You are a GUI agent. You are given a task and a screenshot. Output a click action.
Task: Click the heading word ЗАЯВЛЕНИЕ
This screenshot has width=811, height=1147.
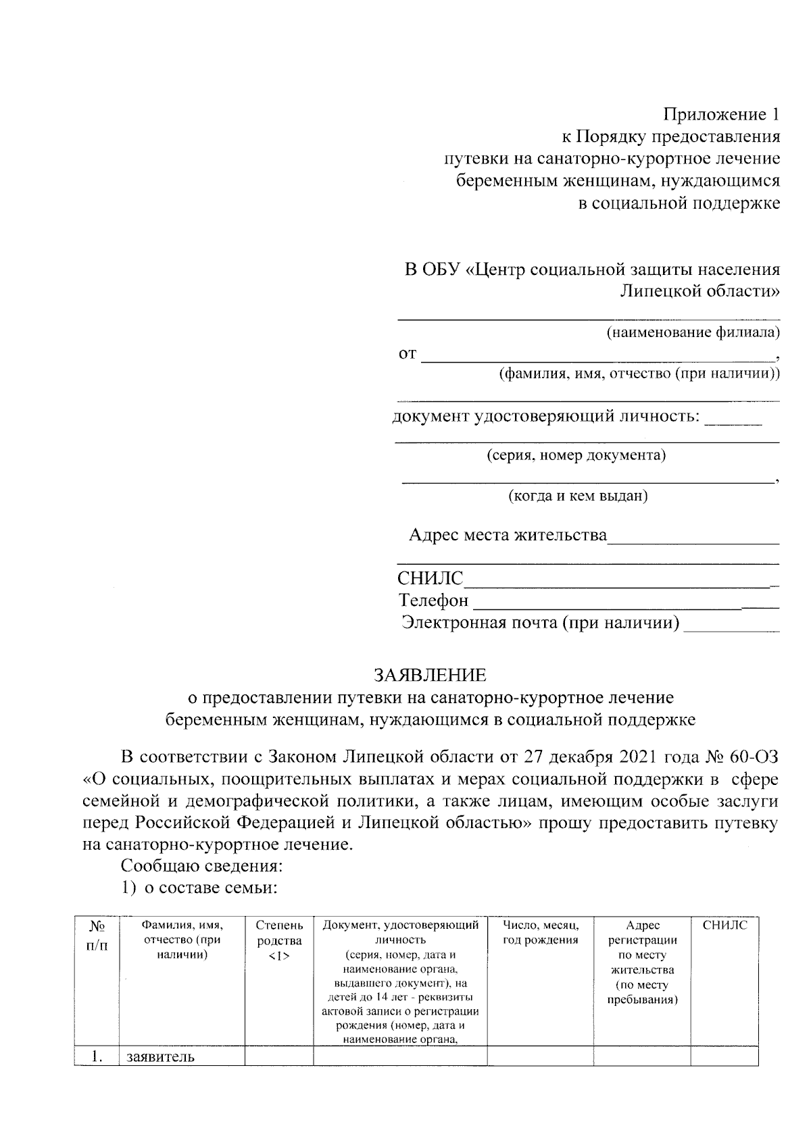point(431,675)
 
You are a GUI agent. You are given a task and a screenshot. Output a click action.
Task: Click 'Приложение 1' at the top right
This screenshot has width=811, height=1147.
point(720,114)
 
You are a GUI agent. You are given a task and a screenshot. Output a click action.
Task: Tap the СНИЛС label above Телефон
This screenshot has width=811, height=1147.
point(431,579)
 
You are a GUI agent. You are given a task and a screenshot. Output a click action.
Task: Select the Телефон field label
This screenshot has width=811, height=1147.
point(433,601)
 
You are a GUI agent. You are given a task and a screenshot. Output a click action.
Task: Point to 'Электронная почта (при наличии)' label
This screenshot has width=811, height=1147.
point(540,622)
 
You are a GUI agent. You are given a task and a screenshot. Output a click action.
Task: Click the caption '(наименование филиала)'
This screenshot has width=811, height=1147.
point(692,332)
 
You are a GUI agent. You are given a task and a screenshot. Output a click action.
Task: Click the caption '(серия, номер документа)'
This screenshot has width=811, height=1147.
point(576,455)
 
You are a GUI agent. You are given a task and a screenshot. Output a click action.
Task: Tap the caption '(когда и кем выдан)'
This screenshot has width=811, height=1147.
point(578,496)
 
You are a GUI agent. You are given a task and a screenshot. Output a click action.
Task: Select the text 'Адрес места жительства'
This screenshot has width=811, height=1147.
point(508,536)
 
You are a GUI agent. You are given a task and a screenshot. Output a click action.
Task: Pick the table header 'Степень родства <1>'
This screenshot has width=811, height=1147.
point(279,940)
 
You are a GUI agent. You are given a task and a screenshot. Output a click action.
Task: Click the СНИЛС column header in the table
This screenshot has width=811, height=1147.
point(724,925)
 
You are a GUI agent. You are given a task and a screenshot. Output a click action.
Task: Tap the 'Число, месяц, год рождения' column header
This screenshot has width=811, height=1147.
point(540,932)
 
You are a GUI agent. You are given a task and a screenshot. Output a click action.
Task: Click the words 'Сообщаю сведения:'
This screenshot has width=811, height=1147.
point(201,866)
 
